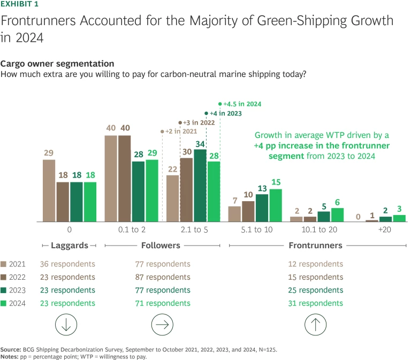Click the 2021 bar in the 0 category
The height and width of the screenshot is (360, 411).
click(x=49, y=190)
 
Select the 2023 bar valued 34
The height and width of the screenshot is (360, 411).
click(x=200, y=185)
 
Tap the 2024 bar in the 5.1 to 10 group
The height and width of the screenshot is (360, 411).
click(x=276, y=205)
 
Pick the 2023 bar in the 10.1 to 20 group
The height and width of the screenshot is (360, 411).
click(x=324, y=216)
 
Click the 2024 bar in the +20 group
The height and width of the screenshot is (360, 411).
click(x=399, y=218)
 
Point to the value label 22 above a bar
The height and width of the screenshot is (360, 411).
click(x=173, y=169)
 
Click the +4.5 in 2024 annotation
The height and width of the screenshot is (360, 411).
click(x=241, y=104)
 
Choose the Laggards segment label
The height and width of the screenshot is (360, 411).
click(x=70, y=246)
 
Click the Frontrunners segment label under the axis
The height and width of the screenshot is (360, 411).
click(x=315, y=246)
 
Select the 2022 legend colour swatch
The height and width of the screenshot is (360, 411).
click(x=6, y=277)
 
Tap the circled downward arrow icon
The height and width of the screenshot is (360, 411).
click(x=70, y=324)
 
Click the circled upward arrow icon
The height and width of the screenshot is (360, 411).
click(x=316, y=324)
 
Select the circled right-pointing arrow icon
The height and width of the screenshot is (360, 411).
click(x=163, y=324)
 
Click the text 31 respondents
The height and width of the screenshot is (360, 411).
click(x=315, y=303)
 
